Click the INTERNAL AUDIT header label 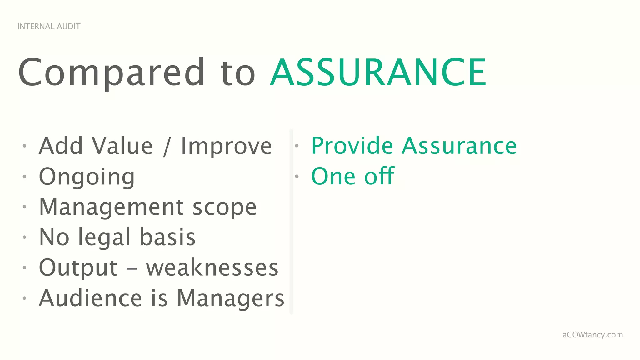click(x=49, y=27)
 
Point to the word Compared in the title click(x=111, y=73)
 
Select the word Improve click(x=226, y=146)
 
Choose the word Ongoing click(x=87, y=177)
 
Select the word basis click(x=167, y=237)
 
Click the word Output click(x=78, y=267)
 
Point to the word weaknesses click(x=212, y=267)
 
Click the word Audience click(x=91, y=298)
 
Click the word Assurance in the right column click(x=459, y=146)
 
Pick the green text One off click(x=353, y=176)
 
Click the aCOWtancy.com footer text click(x=592, y=335)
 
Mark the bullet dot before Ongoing click(x=24, y=176)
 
